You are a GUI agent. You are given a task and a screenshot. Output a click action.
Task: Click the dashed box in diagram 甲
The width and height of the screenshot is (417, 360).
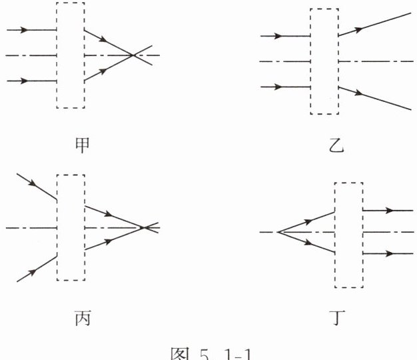point(71,55)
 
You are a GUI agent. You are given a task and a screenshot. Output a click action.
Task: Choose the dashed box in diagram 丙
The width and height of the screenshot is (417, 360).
point(71,227)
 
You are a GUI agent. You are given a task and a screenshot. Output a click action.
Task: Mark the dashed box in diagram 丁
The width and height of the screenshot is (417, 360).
point(348,233)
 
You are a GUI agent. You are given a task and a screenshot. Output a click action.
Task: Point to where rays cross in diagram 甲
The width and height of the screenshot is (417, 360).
point(134,55)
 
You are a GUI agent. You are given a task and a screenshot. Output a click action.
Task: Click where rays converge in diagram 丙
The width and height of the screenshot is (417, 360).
point(145,228)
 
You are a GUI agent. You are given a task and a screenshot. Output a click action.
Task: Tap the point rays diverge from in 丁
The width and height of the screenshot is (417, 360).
point(278,232)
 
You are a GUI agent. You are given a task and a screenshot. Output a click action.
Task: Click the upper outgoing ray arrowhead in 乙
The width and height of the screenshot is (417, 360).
point(360,29)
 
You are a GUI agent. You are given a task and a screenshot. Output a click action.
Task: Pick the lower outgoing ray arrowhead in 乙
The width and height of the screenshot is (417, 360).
point(360,93)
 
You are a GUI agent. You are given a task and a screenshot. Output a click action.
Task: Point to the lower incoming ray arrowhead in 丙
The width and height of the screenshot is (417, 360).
point(29,272)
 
